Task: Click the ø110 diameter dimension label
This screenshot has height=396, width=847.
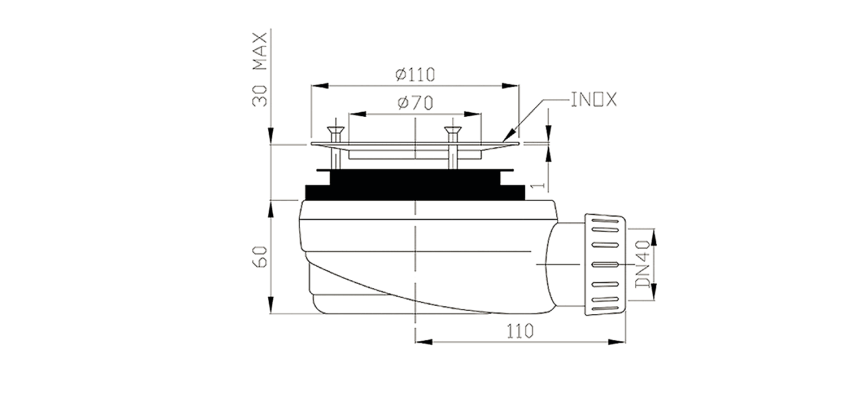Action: pos(414,74)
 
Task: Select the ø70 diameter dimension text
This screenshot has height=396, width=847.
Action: pos(414,103)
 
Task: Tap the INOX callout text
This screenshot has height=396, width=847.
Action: pos(593,100)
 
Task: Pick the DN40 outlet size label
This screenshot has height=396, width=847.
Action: pos(642,264)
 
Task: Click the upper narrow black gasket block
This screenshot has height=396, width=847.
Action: pos(414,177)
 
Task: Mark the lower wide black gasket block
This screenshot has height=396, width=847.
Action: pos(414,192)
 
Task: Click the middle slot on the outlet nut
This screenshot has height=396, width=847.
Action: pos(605,264)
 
